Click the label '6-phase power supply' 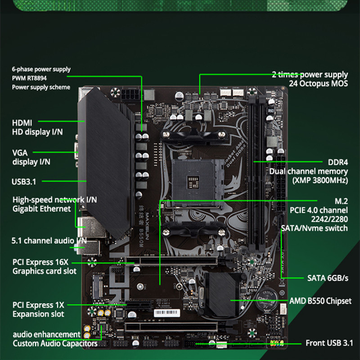(x=41, y=69)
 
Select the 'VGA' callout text (x=20, y=153)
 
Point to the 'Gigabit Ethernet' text (x=41, y=209)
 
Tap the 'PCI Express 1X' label (x=38, y=305)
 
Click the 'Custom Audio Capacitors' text (x=55, y=344)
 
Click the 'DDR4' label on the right (x=338, y=162)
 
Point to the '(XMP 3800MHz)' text (x=320, y=180)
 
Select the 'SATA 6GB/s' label (x=328, y=278)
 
